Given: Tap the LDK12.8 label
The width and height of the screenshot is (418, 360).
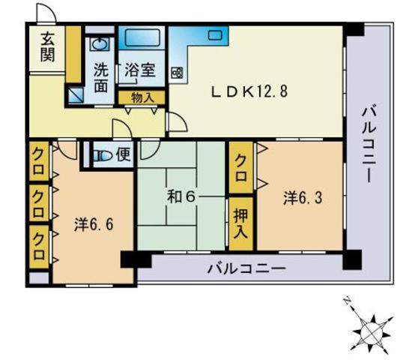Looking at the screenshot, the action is pos(249,91).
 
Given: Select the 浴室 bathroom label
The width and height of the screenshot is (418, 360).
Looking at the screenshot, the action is pos(140,70).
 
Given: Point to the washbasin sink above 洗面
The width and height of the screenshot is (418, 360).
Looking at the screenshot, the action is pos(100,43).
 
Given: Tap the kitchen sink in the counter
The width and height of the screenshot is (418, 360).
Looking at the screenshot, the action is pos(216,35).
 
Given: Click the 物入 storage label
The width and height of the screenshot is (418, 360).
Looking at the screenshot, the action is pos(143,97).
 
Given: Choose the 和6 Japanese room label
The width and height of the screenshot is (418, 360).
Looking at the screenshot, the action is pos(181,197).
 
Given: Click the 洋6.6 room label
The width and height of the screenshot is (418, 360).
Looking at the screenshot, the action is pos(94,224).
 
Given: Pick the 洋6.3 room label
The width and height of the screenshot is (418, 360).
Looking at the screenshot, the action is pos(303,198).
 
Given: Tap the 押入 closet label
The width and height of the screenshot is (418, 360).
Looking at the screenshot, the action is pos(240,223).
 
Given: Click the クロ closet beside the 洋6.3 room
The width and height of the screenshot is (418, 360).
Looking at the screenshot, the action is pos(241,168).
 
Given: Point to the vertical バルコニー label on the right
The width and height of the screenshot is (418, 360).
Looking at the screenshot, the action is pos(369,144).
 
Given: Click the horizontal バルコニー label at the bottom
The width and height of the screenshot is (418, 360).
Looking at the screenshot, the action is pos(246,268).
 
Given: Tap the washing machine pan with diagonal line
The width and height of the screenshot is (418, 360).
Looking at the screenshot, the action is pos(76,95).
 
